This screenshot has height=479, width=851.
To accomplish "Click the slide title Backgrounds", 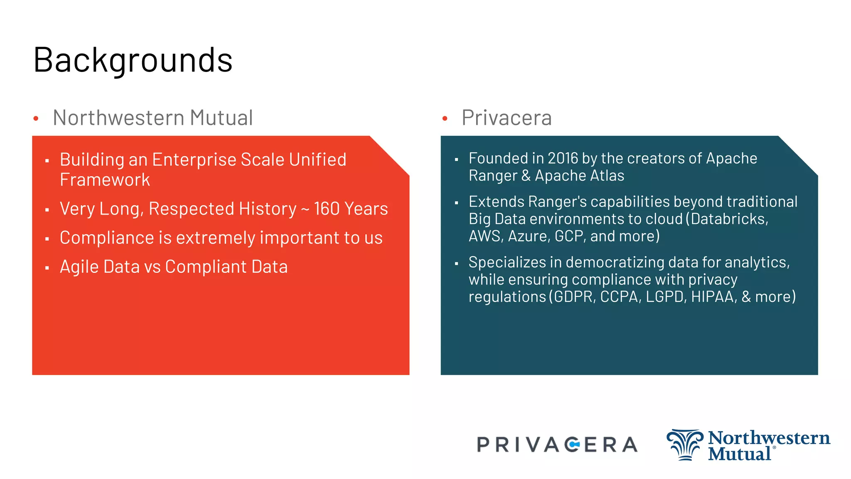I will (133, 61).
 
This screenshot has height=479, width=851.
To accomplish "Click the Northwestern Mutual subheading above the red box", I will (152, 118).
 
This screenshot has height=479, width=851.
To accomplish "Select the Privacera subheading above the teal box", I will (507, 118).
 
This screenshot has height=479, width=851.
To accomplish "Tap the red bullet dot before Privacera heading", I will (445, 119).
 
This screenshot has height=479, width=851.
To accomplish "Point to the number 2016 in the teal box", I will (563, 158).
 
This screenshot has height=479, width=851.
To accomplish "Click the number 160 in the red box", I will (327, 209).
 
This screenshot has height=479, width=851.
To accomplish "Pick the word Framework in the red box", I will (105, 180).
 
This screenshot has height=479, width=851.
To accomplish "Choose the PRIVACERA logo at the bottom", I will (557, 445).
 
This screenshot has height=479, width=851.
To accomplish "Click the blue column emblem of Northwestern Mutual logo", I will (685, 445).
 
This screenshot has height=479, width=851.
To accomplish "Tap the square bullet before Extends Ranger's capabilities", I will (456, 203).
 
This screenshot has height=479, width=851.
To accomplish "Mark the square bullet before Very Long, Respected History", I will (47, 210).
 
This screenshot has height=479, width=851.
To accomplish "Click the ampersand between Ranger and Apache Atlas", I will (526, 176).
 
